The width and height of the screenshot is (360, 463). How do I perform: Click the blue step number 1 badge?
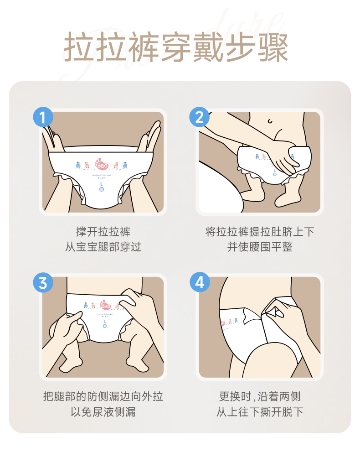click(x=43, y=118)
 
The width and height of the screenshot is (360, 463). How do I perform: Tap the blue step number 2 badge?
click(x=199, y=118)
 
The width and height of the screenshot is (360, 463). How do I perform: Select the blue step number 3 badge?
click(x=43, y=283)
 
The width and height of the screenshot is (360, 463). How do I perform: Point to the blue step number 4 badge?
click(x=199, y=283)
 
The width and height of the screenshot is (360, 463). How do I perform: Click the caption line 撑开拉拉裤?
click(x=103, y=232)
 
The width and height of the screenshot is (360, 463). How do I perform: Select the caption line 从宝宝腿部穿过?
click(x=103, y=247)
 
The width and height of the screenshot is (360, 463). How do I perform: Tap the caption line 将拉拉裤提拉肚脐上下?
click(x=260, y=232)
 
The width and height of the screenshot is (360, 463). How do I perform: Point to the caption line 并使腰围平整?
click(x=260, y=247)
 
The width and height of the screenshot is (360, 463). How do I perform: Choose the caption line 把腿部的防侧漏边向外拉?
click(x=103, y=396)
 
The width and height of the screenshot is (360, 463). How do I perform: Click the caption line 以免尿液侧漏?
click(x=103, y=412)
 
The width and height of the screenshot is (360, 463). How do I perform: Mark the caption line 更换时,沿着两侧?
click(x=260, y=396)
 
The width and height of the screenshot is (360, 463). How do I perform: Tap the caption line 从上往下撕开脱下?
click(x=260, y=412)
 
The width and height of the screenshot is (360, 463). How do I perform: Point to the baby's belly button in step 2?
click(x=271, y=121)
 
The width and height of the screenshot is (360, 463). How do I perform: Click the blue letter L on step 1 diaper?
click(x=101, y=184)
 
